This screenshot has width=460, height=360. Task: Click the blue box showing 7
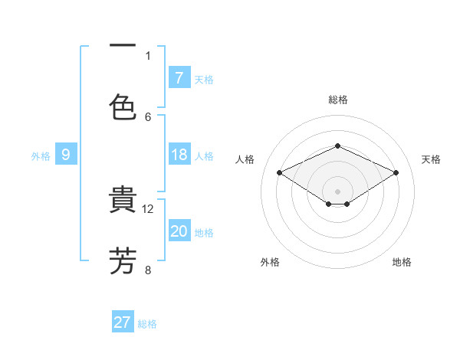coord(179,77)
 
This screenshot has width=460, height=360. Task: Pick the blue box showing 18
coord(179,155)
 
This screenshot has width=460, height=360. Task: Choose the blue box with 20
coord(179,231)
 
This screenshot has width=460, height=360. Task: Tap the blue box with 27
coord(123,322)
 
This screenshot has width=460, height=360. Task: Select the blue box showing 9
coord(66,155)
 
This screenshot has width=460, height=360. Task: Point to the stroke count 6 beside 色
coord(148,116)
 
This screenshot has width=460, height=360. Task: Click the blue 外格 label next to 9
coord(41,155)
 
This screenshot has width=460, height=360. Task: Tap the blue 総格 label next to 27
coord(147,324)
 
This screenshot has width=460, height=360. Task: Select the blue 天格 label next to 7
coord(204,79)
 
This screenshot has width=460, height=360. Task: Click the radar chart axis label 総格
coord(337,100)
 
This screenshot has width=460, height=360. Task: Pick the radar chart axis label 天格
coord(431,159)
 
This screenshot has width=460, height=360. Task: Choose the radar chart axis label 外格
coord(270,262)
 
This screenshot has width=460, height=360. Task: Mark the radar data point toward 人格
coord(279,173)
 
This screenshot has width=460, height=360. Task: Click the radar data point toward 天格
coord(396,173)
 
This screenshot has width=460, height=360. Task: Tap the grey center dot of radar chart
coord(337,191)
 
